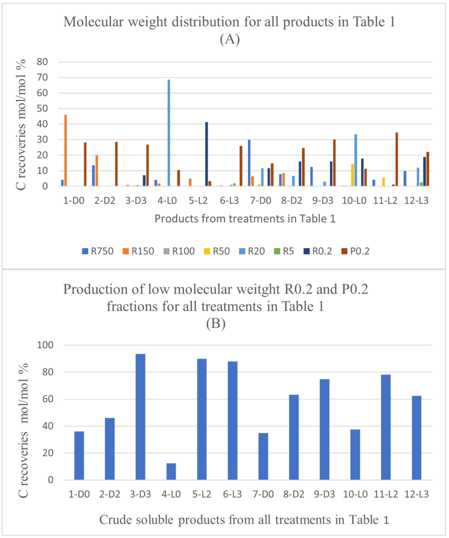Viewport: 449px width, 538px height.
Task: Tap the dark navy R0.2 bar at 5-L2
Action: pyautogui.click(x=207, y=154)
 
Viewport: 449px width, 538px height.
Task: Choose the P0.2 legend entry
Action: pyautogui.click(x=355, y=251)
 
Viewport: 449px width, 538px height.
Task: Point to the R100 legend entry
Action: pyautogui.click(x=179, y=251)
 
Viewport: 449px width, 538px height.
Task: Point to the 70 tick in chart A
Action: pyautogui.click(x=42, y=77)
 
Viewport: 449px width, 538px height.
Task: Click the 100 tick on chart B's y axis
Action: pyautogui.click(x=45, y=345)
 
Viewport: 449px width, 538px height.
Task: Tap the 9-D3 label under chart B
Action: pyautogui.click(x=324, y=494)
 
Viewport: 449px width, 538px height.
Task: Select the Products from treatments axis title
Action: pyautogui.click(x=245, y=219)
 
